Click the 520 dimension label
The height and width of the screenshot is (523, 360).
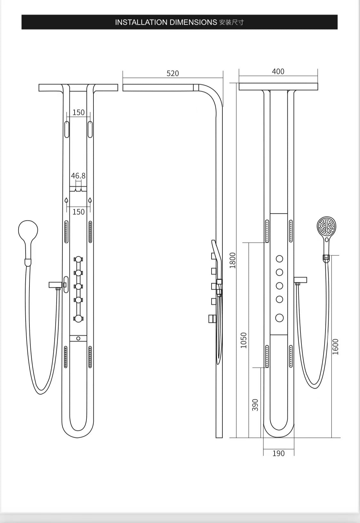(172, 74)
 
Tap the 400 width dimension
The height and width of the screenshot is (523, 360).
(278, 72)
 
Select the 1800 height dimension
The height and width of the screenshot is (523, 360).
(233, 260)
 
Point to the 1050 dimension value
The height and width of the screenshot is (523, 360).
(244, 340)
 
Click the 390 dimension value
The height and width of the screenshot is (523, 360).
(255, 405)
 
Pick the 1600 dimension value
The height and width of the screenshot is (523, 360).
(335, 347)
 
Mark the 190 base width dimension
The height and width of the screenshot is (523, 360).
(278, 453)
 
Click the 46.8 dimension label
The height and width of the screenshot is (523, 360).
(78, 176)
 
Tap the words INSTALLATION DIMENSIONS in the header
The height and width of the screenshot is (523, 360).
(166, 22)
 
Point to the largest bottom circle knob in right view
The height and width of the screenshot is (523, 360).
(279, 318)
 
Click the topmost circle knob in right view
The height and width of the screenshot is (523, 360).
(279, 258)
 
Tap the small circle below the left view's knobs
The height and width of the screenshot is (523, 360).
(78, 338)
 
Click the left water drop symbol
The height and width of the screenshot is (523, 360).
(66, 201)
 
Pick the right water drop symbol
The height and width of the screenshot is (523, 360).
(90, 201)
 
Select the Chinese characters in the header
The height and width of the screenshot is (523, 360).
(232, 22)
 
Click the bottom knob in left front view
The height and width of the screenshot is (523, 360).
(78, 318)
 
